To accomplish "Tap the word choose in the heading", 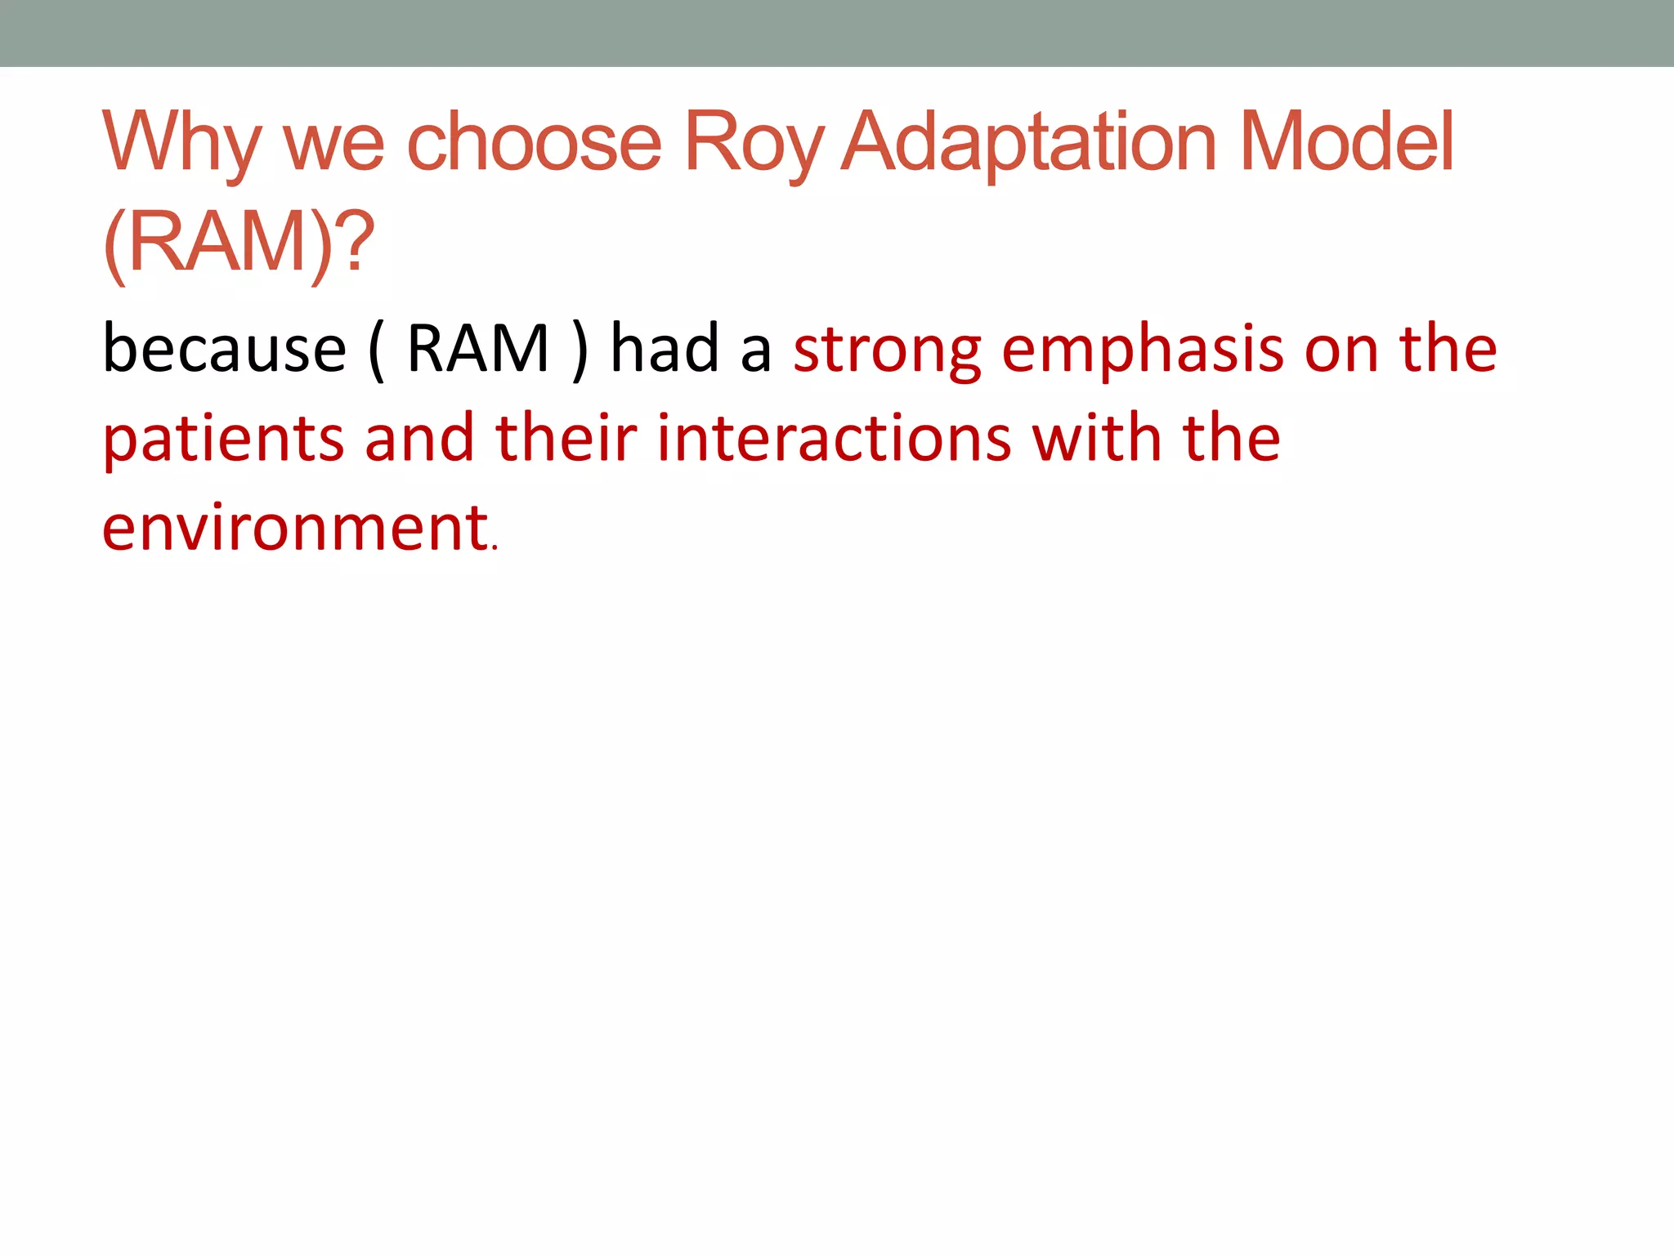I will pos(534,144).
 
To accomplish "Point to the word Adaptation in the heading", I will pos(1030,144).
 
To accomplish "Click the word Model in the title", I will pos(1347,144).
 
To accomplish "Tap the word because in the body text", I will pos(225,350).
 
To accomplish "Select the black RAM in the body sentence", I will pos(477,350).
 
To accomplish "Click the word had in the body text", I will pos(665,350).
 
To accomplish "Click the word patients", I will pos(222,440).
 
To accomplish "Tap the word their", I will pos(566,438).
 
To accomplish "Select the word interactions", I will pos(835,440).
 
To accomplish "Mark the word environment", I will pos(295,528).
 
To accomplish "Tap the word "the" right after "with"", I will pos(1231,438).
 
